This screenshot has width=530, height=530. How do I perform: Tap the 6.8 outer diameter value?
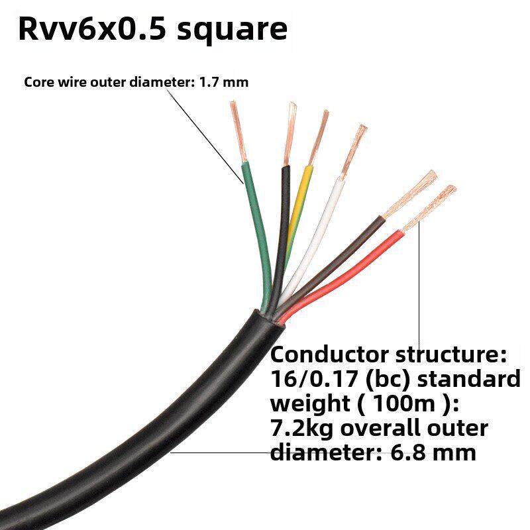click(x=419, y=453)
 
